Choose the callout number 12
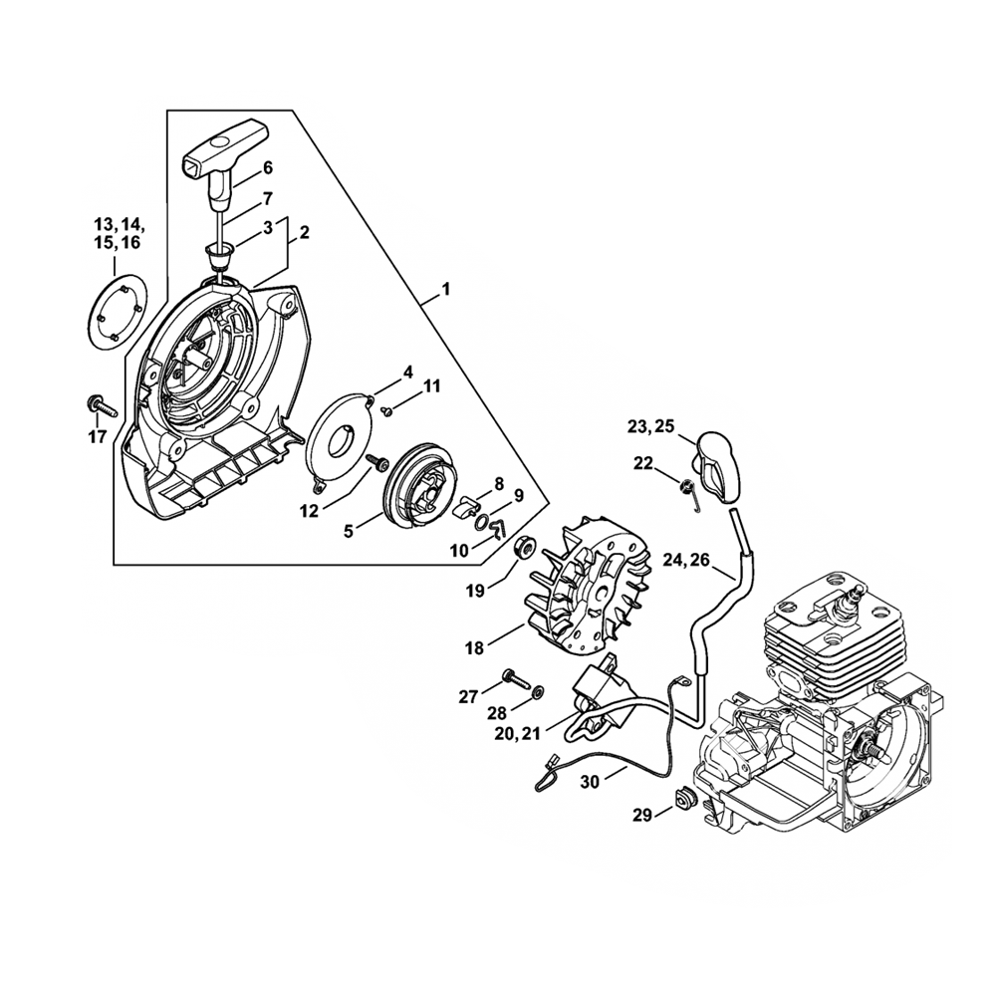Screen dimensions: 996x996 pyautogui.click(x=309, y=510)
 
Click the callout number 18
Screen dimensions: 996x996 pyautogui.click(x=473, y=647)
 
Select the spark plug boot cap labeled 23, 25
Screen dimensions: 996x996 pyautogui.click(x=715, y=461)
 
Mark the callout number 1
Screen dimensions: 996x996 pyautogui.click(x=446, y=290)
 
